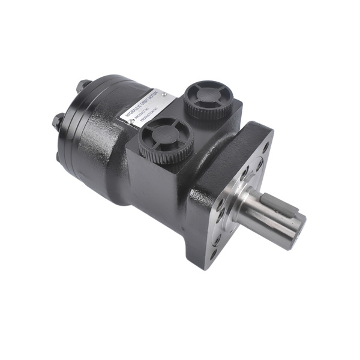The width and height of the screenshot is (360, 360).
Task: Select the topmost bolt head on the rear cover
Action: [x=85, y=85]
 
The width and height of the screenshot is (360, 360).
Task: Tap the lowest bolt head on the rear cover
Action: [x=61, y=155]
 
